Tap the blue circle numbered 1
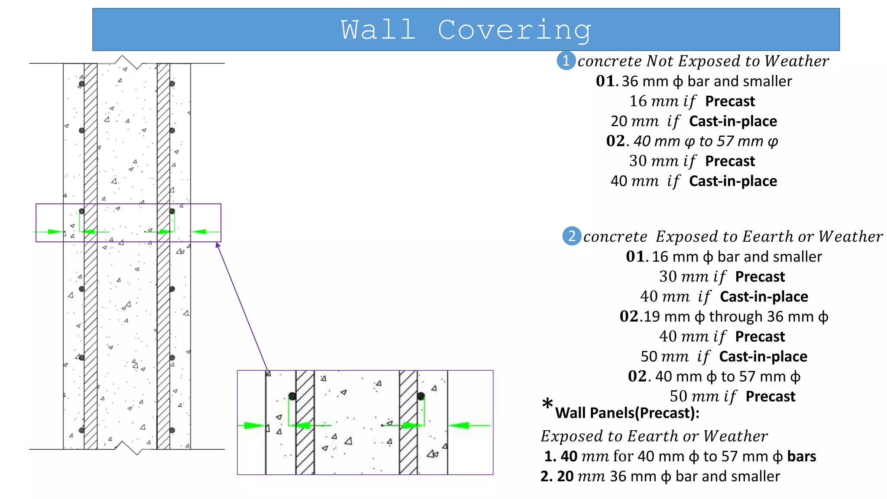pyautogui.click(x=566, y=61)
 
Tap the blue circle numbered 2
pyautogui.click(x=571, y=236)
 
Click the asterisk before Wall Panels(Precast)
pyautogui.click(x=547, y=404)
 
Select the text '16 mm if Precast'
pyautogui.click(x=692, y=101)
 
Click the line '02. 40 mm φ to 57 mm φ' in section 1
pyautogui.click(x=692, y=141)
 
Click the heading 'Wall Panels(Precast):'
pyautogui.click(x=627, y=413)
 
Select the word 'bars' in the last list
pyautogui.click(x=801, y=457)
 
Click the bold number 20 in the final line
pyautogui.click(x=565, y=476)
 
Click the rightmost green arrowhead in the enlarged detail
pyautogui.click(x=459, y=425)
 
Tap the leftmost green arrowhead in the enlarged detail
pyautogui.click(x=253, y=425)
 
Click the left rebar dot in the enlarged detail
pyautogui.click(x=292, y=396)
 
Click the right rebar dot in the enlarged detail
pyautogui.click(x=421, y=396)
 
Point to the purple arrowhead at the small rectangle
pyautogui.click(x=218, y=245)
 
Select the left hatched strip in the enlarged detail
pyautogui.click(x=305, y=422)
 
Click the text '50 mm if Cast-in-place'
pyautogui.click(x=724, y=356)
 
